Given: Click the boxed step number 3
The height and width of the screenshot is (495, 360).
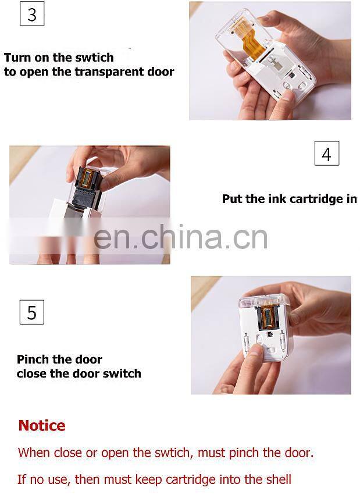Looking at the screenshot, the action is [32, 13].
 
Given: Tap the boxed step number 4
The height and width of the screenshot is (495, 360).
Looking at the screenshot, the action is [326, 154].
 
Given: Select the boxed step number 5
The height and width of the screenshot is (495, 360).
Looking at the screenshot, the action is [31, 312].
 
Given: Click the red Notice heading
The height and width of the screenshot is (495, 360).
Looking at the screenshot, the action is [42, 426].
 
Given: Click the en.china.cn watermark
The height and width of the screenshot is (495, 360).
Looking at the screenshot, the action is [180, 237].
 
